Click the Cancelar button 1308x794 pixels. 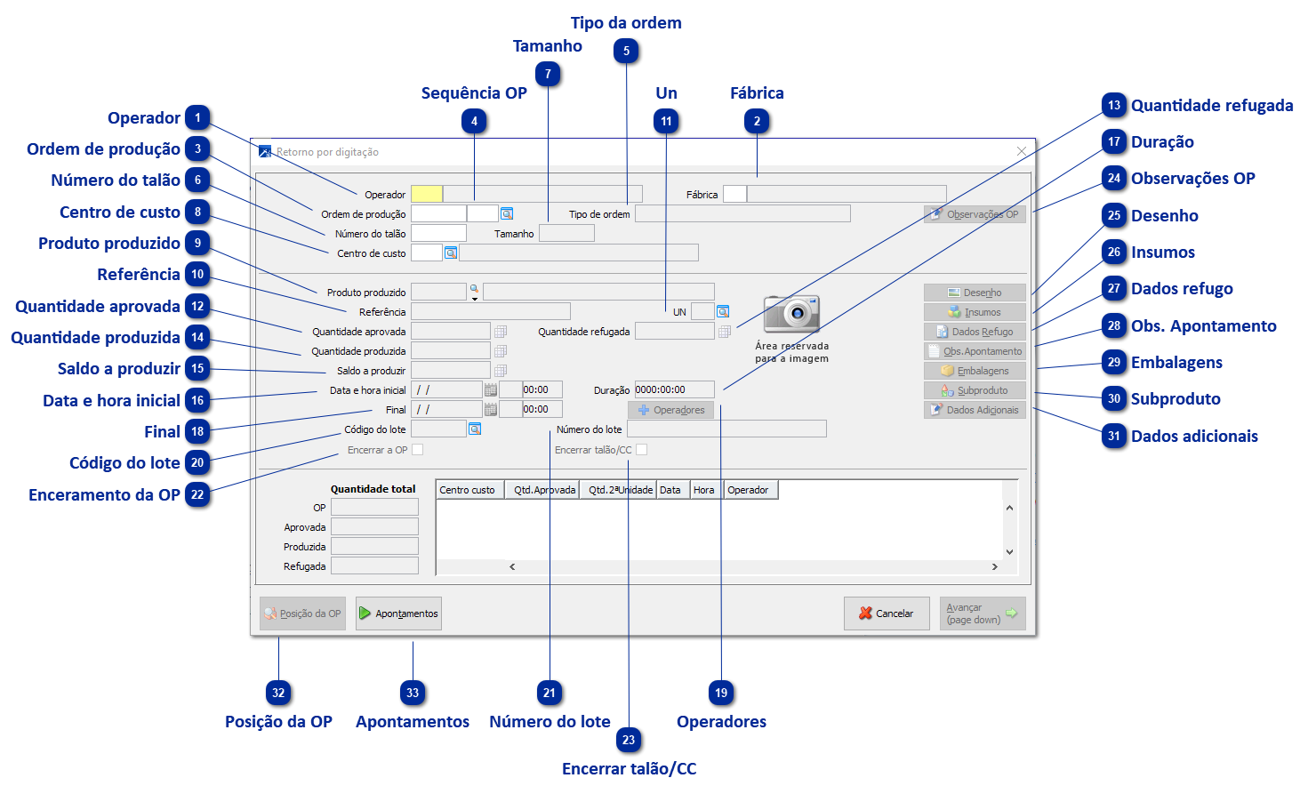887,614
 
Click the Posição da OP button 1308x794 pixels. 302,614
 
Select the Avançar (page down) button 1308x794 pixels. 982,614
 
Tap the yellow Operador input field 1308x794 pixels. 427,194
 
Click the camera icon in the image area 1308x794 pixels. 791,313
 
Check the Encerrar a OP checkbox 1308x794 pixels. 418,450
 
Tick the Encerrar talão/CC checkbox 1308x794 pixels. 642,450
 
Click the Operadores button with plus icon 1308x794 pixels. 671,410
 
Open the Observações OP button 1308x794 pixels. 975,214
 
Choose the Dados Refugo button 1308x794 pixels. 975,332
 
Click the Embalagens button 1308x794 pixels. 975,371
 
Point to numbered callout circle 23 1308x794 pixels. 629,740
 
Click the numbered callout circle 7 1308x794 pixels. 548,75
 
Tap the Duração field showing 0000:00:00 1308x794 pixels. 674,389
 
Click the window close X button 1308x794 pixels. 1022,151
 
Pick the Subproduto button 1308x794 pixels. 975,390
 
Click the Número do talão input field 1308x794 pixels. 438,233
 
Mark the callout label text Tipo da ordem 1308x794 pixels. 626,23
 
